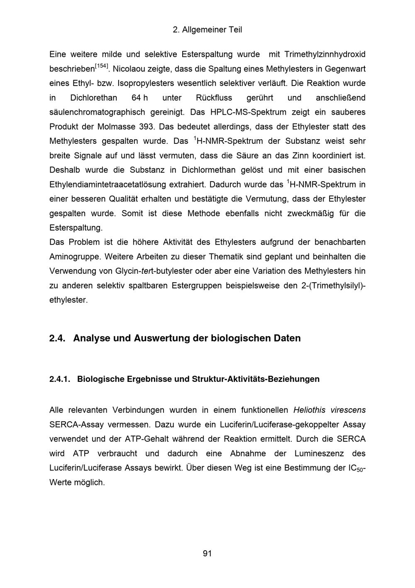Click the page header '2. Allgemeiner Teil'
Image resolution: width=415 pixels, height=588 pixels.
tap(207, 30)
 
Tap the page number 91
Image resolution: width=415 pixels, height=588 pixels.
tap(207, 554)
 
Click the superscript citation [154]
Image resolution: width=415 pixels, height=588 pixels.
tap(102, 66)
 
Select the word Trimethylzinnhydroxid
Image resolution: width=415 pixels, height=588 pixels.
tap(325, 54)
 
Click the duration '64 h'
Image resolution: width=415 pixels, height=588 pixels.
tap(139, 98)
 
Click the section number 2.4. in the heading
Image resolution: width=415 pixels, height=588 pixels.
tap(58, 338)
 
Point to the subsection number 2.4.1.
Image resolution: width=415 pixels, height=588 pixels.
tap(60, 379)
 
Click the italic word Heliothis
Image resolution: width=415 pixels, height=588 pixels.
tap(309, 410)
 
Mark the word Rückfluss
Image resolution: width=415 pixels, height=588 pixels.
tap(214, 98)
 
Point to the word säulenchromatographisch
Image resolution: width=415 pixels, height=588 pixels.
tap(97, 112)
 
